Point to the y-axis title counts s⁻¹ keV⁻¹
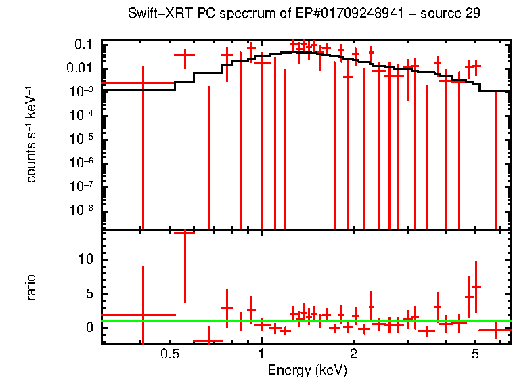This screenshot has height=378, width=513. (31, 135)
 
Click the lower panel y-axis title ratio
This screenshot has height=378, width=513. (31, 287)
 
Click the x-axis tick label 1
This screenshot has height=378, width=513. (261, 354)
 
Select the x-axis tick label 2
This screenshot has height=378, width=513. (353, 354)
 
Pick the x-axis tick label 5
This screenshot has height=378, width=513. (475, 354)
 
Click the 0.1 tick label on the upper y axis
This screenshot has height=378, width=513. (83, 45)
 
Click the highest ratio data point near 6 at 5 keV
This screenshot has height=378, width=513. (476, 287)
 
